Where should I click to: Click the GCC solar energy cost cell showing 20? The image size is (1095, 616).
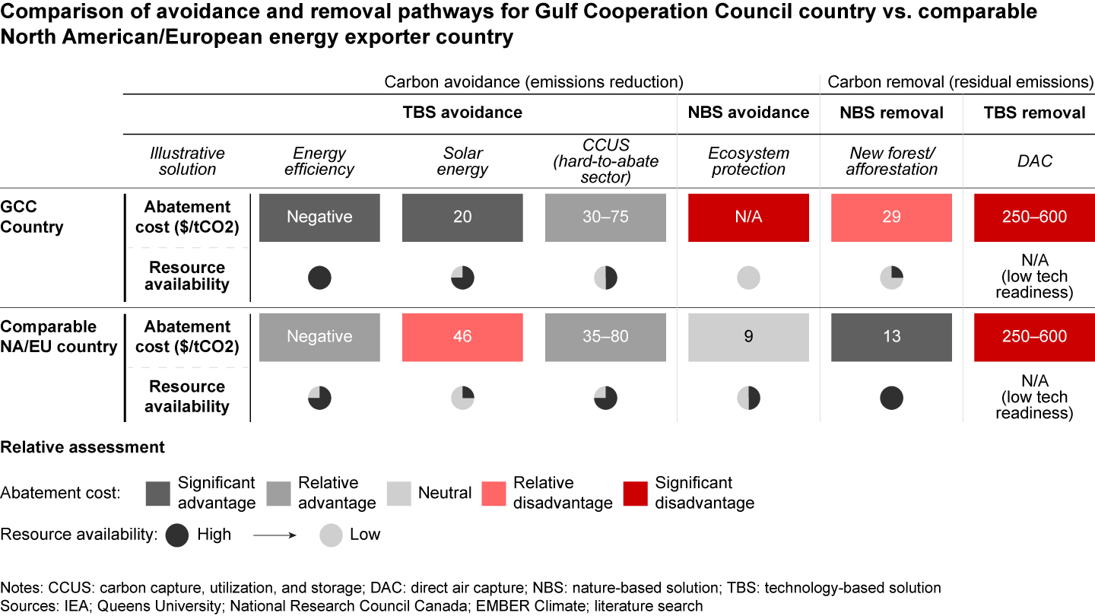(462, 218)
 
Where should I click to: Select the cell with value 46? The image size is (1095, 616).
(462, 336)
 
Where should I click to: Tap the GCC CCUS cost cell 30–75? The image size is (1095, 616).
(605, 218)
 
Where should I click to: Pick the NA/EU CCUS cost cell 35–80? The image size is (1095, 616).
(605, 336)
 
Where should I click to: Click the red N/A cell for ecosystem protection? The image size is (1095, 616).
(748, 218)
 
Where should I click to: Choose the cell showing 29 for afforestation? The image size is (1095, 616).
(891, 218)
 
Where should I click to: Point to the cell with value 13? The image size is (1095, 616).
(891, 336)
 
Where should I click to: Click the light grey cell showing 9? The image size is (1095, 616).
(748, 336)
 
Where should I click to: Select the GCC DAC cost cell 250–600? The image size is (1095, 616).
(1034, 218)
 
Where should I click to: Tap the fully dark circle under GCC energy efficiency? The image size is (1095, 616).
(319, 278)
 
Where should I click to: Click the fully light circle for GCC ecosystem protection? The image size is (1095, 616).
(748, 278)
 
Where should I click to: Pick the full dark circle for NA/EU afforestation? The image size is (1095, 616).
(891, 398)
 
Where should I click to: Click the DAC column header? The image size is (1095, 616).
(1034, 161)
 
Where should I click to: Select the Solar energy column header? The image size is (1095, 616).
(462, 161)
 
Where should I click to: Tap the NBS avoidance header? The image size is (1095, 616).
(748, 113)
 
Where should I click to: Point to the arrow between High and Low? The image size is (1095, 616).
(275, 535)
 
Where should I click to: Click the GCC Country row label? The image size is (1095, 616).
(31, 218)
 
